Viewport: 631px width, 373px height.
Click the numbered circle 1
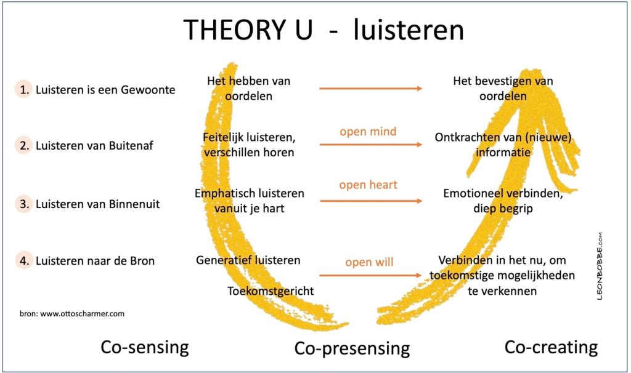click(24, 89)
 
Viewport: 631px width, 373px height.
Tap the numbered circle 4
click(24, 260)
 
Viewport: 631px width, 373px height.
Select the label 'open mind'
click(368, 131)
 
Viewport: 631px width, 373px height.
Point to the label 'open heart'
click(368, 185)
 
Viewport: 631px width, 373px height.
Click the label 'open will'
click(369, 263)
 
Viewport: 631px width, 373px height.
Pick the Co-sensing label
click(144, 347)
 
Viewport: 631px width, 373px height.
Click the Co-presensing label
click(352, 348)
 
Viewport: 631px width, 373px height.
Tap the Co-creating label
click(551, 347)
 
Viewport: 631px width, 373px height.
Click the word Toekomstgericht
click(271, 291)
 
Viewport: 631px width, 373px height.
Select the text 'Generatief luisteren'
click(248, 260)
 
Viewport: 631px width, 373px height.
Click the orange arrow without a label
click(370, 89)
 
